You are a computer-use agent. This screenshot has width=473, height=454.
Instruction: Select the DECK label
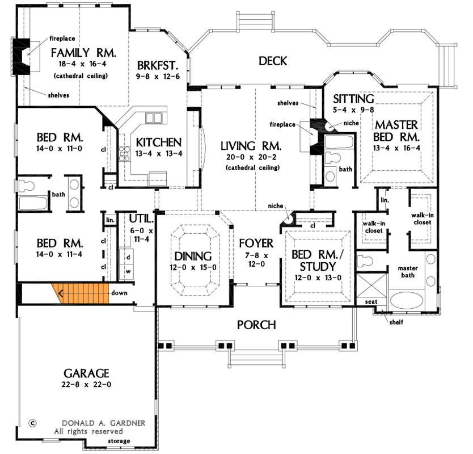click(273, 61)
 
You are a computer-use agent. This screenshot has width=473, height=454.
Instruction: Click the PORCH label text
click(256, 325)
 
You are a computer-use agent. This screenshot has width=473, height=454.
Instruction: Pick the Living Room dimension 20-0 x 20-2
click(252, 158)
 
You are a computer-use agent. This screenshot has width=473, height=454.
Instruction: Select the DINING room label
click(193, 255)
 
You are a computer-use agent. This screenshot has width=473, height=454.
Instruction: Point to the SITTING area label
click(353, 99)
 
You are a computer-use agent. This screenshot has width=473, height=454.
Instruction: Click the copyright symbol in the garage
click(32, 423)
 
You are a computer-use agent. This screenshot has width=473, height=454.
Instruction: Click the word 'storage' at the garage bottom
click(119, 441)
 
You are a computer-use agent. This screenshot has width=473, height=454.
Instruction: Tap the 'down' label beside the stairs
click(119, 293)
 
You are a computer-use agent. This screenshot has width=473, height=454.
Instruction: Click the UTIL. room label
click(139, 218)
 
